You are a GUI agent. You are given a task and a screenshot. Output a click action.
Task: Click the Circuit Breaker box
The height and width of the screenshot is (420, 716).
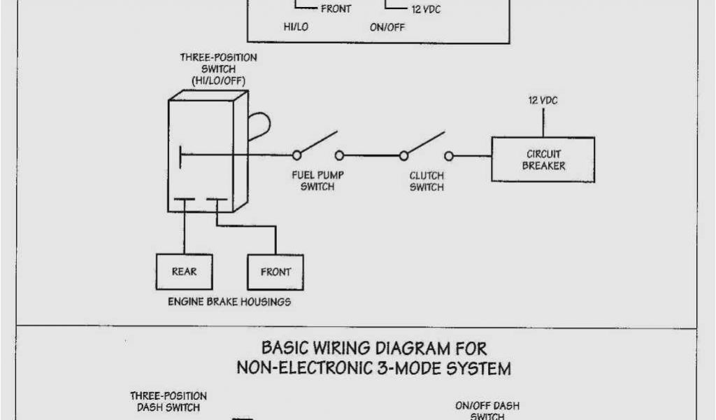(x=543, y=160)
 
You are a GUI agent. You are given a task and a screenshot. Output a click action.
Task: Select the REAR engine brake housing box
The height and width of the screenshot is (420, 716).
(x=184, y=272)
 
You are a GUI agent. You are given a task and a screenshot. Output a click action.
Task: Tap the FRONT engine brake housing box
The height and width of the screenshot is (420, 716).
(x=275, y=272)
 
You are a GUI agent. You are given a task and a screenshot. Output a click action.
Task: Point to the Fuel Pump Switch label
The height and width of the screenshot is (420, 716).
(x=317, y=181)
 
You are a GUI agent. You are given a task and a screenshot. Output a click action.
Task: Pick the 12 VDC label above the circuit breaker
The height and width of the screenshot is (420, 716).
(x=543, y=101)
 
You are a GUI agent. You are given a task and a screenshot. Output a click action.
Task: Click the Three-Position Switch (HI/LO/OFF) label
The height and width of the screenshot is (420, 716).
(x=218, y=69)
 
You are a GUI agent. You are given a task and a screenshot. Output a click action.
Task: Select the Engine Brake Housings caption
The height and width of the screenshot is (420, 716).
(x=229, y=302)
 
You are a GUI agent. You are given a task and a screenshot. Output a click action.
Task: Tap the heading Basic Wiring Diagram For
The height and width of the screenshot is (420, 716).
(x=373, y=347)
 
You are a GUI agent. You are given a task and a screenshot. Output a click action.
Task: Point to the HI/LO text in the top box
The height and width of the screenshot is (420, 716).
(x=296, y=27)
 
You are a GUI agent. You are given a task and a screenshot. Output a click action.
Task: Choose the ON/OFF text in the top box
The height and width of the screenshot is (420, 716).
(x=387, y=27)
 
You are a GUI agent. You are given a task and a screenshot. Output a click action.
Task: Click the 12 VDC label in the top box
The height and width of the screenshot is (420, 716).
(x=426, y=10)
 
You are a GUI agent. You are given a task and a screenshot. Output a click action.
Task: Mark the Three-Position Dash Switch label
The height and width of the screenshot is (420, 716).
(x=168, y=402)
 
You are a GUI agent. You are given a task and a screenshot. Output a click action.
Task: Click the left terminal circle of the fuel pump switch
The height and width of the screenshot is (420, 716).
(x=296, y=155)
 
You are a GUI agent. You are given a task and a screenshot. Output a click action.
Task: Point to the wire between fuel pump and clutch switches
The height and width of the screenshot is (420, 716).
(x=371, y=155)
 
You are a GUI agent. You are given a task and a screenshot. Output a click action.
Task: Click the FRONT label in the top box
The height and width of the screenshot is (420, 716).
(x=336, y=9)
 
